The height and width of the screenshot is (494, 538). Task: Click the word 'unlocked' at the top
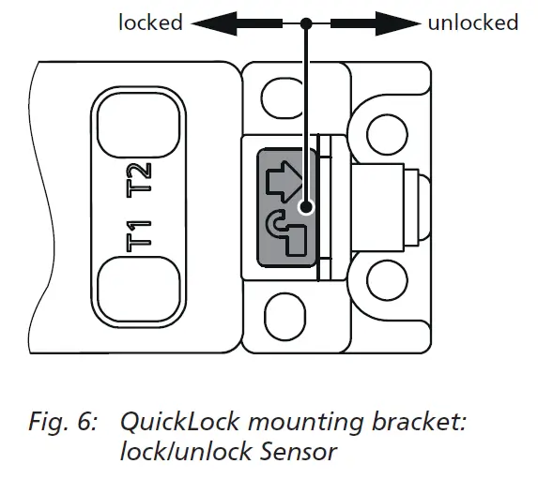[x=472, y=22]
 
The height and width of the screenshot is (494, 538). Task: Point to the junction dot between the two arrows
[x=305, y=22]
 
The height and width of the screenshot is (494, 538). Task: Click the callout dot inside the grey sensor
[x=305, y=206]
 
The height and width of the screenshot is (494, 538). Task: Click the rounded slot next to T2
[x=137, y=126]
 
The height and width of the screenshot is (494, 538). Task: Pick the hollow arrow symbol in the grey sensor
[x=284, y=182]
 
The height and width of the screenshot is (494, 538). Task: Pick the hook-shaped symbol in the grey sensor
[x=284, y=232]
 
